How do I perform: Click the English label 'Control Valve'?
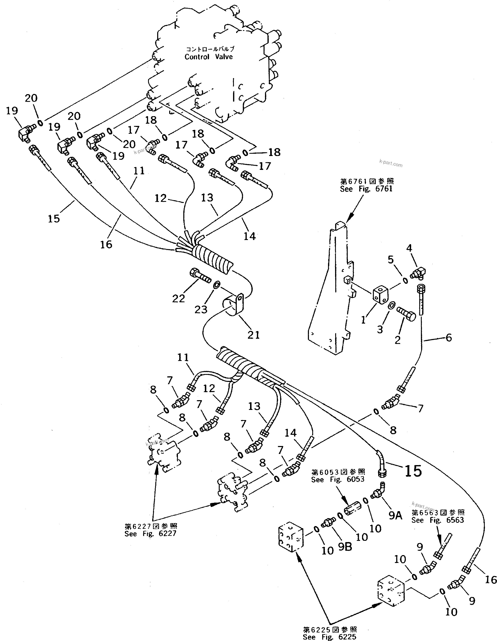click(209, 57)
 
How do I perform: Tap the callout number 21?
click(254, 335)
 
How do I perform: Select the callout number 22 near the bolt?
click(178, 299)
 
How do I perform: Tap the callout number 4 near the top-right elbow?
click(409, 248)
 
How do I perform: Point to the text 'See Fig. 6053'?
click(338, 479)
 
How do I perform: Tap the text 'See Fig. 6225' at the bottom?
click(329, 637)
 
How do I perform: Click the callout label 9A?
click(395, 515)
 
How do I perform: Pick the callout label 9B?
click(345, 547)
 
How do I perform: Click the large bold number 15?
click(413, 471)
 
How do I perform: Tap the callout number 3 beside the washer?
click(380, 330)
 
